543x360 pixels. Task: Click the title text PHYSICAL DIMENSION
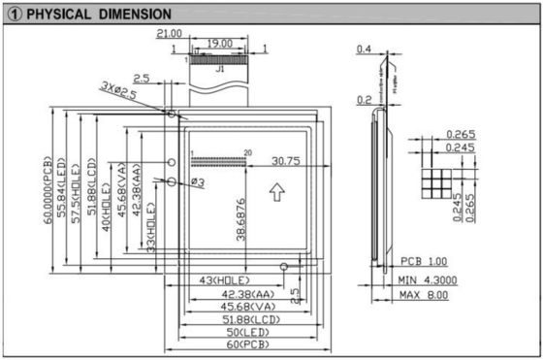(97, 15)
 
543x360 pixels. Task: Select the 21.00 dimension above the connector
(170, 34)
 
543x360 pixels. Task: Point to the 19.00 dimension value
(219, 44)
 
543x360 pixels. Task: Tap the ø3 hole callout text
(196, 181)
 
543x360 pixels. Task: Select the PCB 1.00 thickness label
(424, 262)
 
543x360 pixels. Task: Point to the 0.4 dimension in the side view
(365, 49)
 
